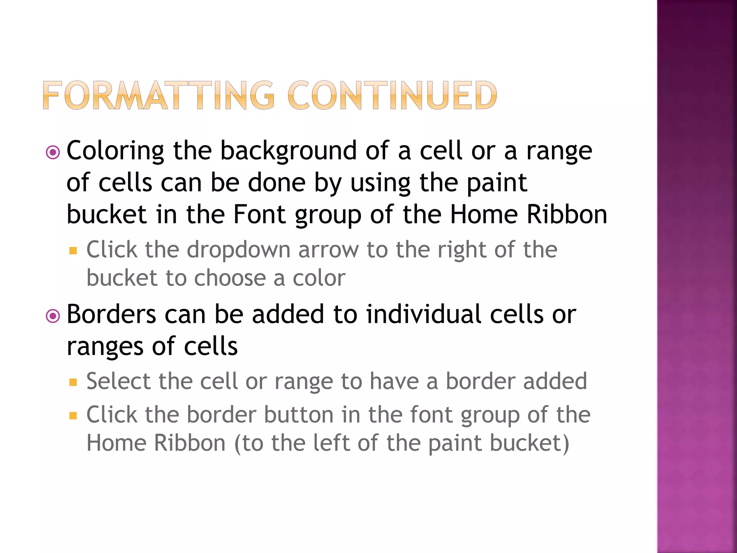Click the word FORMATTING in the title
(159, 95)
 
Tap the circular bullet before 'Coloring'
(53, 153)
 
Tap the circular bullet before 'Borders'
(53, 316)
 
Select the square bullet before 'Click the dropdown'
(73, 251)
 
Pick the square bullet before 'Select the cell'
(73, 382)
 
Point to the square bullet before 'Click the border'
(73, 416)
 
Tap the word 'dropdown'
(238, 249)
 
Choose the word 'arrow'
(328, 249)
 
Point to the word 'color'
(319, 278)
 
